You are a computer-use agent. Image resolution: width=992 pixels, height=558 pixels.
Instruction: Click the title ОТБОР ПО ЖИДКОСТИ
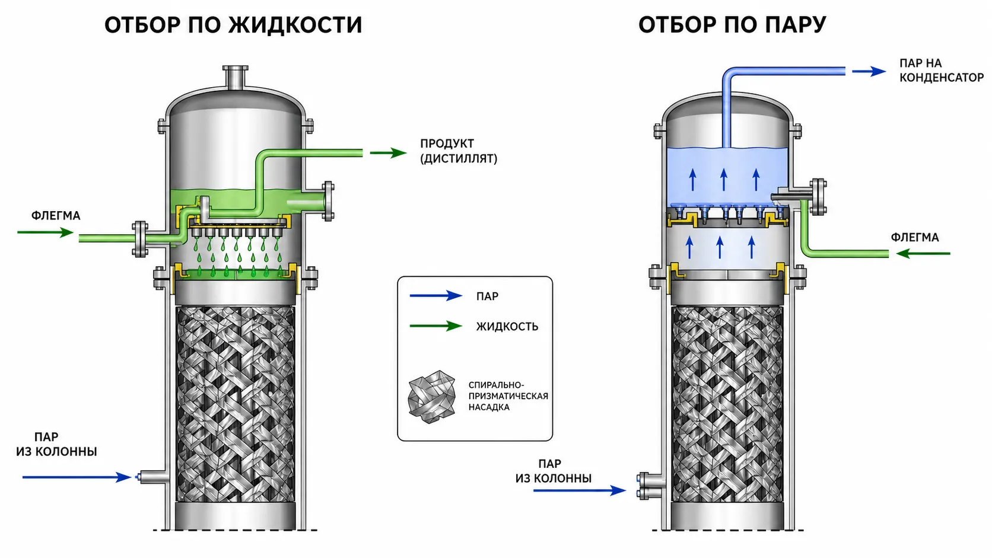click(x=233, y=25)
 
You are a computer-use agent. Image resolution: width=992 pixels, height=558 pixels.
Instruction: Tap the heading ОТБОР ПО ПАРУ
click(x=732, y=25)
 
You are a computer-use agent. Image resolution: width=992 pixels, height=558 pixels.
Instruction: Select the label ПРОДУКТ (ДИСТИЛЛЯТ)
click(x=459, y=151)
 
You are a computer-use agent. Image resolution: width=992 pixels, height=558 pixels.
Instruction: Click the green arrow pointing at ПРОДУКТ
click(x=388, y=153)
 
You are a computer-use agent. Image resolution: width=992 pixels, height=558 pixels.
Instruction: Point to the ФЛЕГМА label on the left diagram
click(x=56, y=216)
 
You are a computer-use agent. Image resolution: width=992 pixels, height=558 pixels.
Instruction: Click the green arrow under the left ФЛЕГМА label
click(x=45, y=232)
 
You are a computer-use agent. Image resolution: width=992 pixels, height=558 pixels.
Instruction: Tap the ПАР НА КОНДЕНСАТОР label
click(x=942, y=71)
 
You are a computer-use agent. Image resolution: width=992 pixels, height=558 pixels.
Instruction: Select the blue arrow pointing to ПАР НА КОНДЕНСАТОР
click(x=869, y=71)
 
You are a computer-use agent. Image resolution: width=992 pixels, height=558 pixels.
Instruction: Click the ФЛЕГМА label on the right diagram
click(x=915, y=238)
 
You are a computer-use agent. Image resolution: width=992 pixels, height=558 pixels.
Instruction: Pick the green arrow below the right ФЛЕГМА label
click(x=923, y=254)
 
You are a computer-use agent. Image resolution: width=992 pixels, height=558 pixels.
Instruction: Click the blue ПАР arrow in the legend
click(x=436, y=295)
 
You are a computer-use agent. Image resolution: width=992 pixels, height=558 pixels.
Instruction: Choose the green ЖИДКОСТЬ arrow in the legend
click(x=436, y=326)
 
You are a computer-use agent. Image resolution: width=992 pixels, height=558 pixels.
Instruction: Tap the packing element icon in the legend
click(x=432, y=397)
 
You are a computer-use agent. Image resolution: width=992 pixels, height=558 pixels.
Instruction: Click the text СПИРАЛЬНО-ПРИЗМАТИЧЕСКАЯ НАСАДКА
click(x=508, y=396)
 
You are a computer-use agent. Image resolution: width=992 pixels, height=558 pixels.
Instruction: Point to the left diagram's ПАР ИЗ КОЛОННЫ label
click(x=56, y=444)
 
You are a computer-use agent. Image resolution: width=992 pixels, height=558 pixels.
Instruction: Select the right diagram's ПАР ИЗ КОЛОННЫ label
click(x=553, y=471)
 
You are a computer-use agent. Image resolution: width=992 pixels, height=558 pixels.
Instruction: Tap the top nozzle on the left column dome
click(x=235, y=78)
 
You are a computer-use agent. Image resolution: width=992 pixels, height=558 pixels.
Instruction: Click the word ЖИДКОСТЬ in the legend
click(x=507, y=327)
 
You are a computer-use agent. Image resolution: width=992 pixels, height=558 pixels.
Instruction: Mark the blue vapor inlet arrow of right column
click(x=580, y=490)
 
